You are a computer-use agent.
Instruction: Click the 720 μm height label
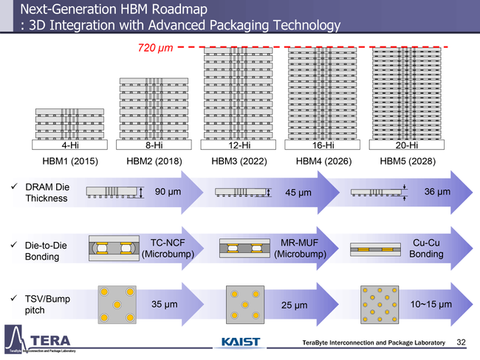coord(156,48)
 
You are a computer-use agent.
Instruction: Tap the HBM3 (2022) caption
coord(239,161)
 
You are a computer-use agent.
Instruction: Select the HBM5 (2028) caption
coord(407,161)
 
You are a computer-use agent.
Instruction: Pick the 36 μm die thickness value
coord(437,192)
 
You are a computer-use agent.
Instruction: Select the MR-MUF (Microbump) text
coord(299,249)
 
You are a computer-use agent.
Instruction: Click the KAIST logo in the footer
coord(241,342)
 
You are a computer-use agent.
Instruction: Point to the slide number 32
coord(462,343)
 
